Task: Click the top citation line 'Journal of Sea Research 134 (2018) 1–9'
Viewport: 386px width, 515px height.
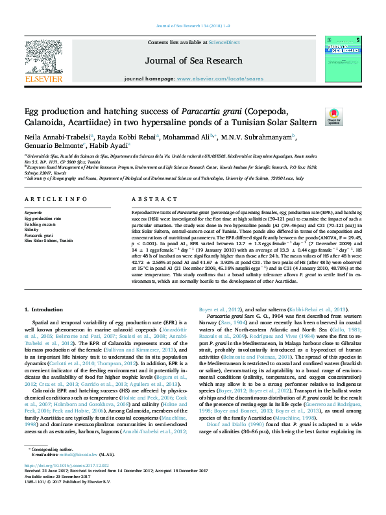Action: click(x=193, y=25)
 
